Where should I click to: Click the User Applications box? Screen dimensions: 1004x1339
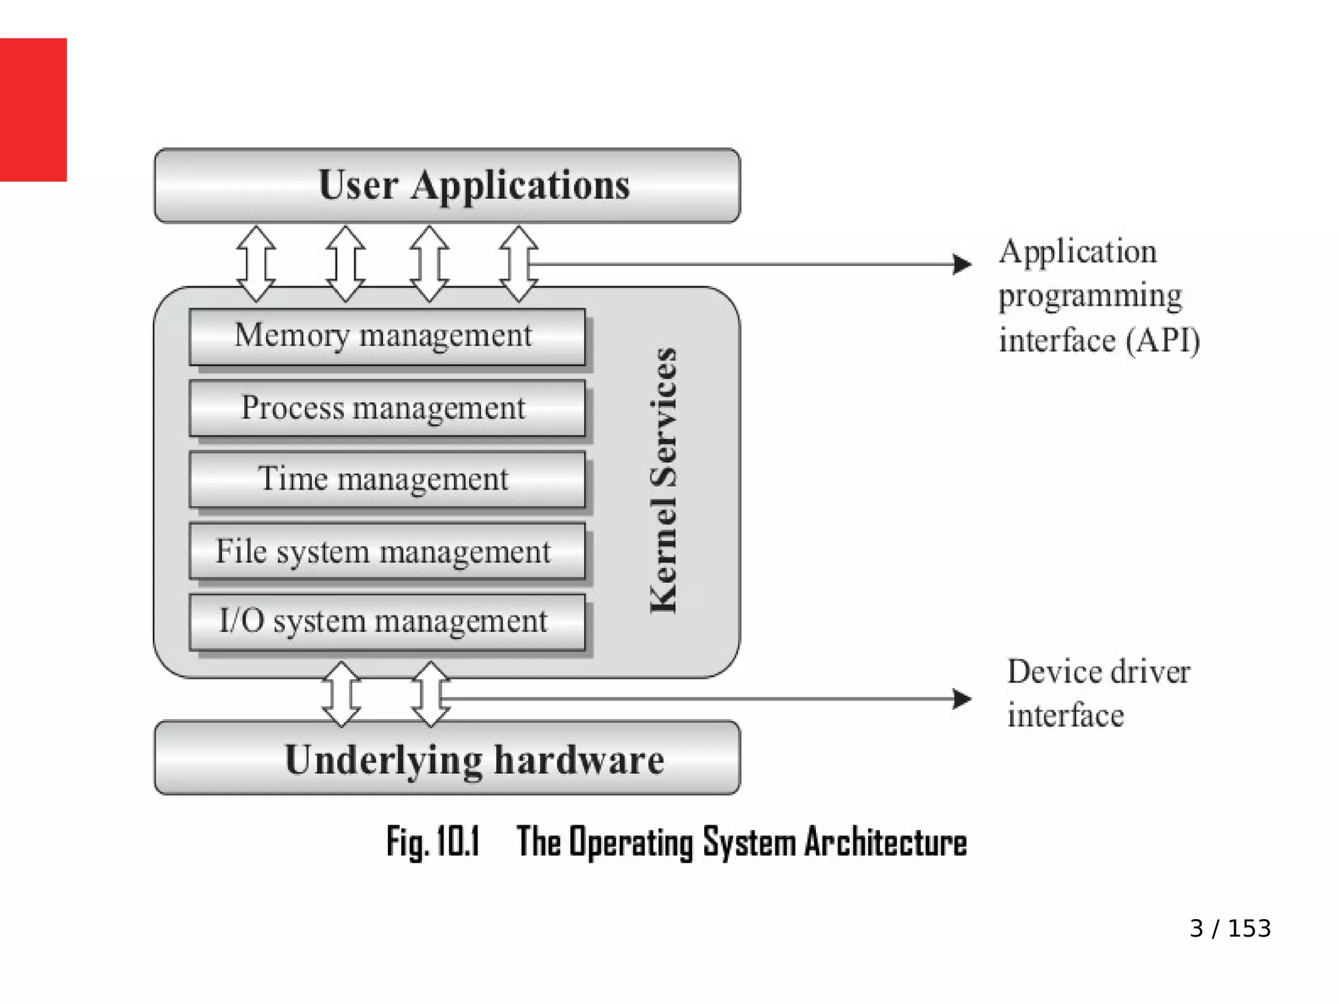[x=447, y=186]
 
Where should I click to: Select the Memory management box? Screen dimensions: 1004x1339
[x=386, y=337]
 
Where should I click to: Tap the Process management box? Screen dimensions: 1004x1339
[x=386, y=408]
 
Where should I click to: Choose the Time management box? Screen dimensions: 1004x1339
[x=386, y=479]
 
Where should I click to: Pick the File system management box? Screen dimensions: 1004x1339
[x=386, y=551]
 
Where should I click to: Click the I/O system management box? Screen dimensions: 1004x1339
[x=386, y=622]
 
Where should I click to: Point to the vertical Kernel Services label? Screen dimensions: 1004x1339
[x=664, y=480]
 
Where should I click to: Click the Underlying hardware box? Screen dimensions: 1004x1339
[x=447, y=758]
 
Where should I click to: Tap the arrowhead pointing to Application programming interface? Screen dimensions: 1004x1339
[x=962, y=264]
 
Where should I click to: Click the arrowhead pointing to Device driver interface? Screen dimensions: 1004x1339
[x=962, y=699]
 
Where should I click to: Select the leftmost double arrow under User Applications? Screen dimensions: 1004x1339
[x=256, y=264]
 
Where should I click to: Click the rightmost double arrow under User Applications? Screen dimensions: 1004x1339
[x=518, y=264]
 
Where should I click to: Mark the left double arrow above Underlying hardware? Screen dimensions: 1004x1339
[x=341, y=695]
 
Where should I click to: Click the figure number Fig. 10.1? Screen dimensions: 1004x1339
[x=433, y=842]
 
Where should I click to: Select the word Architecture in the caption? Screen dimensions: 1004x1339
[x=885, y=842]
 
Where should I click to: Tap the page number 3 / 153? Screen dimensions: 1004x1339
[x=1230, y=928]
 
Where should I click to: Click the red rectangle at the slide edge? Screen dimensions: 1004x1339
[x=33, y=109]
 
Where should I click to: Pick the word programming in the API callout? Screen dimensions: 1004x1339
[x=1090, y=296]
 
